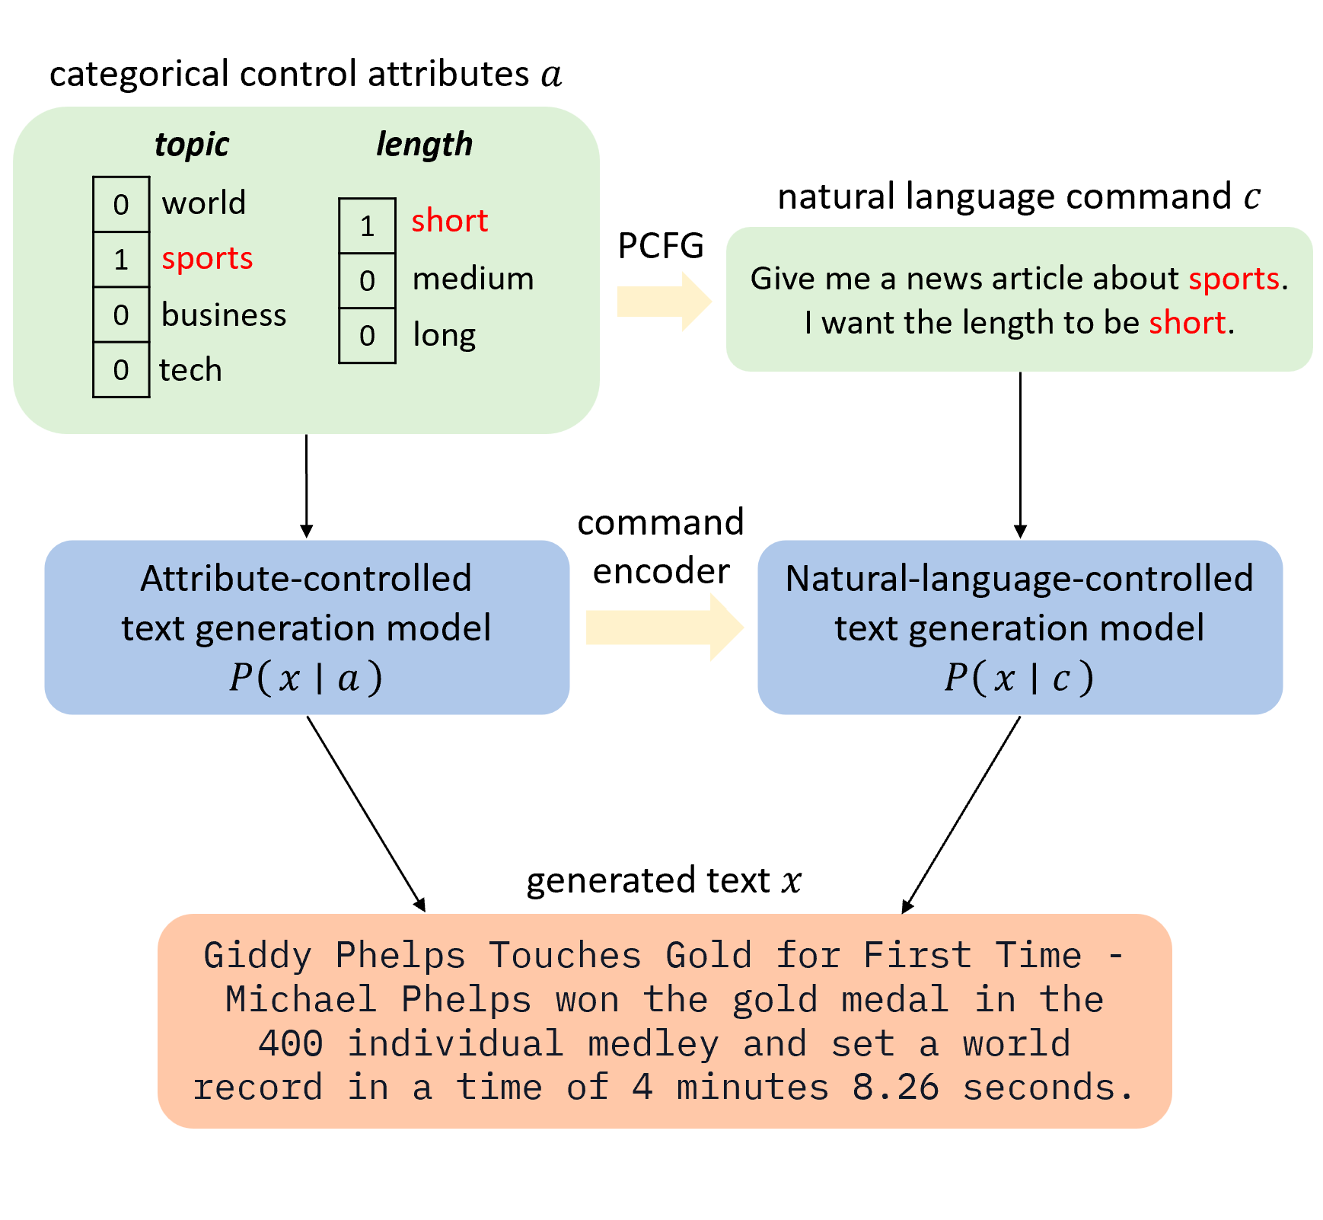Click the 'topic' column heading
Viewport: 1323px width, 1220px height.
tap(191, 144)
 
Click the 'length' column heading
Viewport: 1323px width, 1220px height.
tap(424, 144)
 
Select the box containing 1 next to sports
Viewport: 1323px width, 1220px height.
tap(121, 260)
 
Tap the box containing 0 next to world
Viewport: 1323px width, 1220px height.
tap(121, 204)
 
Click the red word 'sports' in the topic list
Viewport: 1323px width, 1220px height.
tap(207, 259)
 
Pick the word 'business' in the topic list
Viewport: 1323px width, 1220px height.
tap(224, 315)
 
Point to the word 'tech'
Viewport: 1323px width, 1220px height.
tap(190, 370)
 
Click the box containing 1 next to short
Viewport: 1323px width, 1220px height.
tap(367, 225)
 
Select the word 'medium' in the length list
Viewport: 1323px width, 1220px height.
tap(473, 279)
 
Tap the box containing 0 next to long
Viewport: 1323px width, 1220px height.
tap(367, 336)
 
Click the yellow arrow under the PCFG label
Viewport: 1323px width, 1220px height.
tap(662, 302)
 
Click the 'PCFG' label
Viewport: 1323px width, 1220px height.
tap(661, 245)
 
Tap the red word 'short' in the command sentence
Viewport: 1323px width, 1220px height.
tap(1187, 323)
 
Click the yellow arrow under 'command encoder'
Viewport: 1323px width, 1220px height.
tap(662, 628)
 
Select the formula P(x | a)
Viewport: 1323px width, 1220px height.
tap(306, 677)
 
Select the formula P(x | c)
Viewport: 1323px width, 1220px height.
tap(1019, 677)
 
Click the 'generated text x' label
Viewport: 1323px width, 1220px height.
tap(663, 880)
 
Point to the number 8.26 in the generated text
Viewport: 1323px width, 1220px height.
tap(895, 1087)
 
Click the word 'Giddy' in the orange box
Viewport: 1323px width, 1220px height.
tap(257, 956)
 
